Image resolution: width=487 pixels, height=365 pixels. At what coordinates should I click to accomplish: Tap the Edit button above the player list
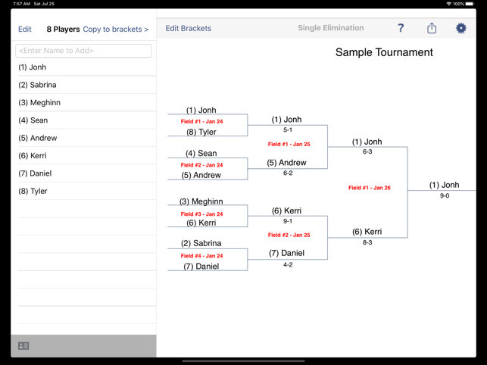pyautogui.click(x=25, y=30)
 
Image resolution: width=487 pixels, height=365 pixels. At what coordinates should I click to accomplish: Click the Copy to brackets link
pyautogui.click(x=115, y=30)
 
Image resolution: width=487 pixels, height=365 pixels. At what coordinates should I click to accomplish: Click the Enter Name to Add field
pyautogui.click(x=83, y=51)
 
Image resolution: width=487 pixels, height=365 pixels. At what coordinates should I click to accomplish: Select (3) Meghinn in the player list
pyautogui.click(x=39, y=102)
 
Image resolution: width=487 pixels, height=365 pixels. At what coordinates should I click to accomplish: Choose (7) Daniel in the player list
pyautogui.click(x=35, y=173)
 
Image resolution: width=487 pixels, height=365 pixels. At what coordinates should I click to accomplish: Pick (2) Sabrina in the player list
pyautogui.click(x=37, y=85)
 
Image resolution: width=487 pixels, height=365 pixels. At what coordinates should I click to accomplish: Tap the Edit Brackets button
pyautogui.click(x=189, y=29)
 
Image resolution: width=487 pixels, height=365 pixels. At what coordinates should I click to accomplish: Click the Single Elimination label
pyautogui.click(x=330, y=28)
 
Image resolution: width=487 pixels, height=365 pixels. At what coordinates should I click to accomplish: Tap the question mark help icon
pyautogui.click(x=401, y=28)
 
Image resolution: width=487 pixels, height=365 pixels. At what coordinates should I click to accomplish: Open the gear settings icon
pyautogui.click(x=460, y=28)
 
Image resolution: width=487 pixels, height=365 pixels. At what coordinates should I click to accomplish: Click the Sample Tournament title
pyautogui.click(x=384, y=52)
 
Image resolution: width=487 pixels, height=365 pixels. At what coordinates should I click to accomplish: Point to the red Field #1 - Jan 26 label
pyautogui.click(x=369, y=188)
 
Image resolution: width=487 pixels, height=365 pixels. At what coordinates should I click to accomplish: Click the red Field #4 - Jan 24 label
pyautogui.click(x=201, y=256)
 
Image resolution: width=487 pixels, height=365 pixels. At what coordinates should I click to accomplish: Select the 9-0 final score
pyautogui.click(x=444, y=195)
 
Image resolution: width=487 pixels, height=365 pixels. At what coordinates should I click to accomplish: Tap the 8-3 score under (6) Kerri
pyautogui.click(x=367, y=242)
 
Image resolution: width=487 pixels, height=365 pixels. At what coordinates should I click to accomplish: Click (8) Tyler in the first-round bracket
pyautogui.click(x=201, y=132)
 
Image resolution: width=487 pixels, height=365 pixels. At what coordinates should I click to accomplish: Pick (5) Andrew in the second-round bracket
pyautogui.click(x=287, y=163)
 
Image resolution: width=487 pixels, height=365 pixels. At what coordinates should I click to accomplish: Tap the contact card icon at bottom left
pyautogui.click(x=23, y=346)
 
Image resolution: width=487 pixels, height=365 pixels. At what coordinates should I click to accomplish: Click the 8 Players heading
pyautogui.click(x=63, y=30)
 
